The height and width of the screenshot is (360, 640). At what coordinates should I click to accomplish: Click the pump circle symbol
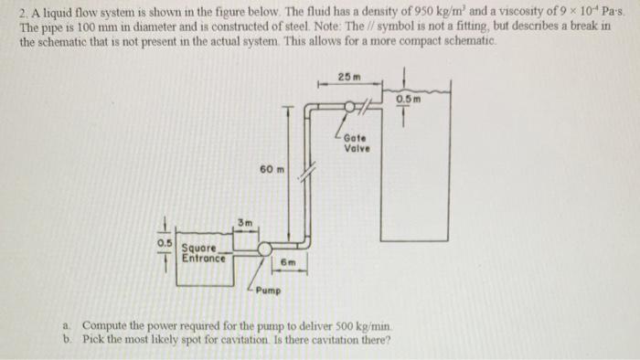[265, 249]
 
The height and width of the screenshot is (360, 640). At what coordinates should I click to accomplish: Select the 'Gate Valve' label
[356, 144]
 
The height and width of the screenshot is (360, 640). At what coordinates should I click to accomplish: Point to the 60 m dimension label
[272, 170]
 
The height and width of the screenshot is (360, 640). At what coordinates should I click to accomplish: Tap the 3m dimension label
[245, 222]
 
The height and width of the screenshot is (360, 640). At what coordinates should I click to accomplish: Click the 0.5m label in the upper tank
[409, 98]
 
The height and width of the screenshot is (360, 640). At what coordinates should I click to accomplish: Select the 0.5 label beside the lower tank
[165, 243]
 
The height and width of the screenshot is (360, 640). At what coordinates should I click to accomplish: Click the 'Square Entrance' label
[200, 252]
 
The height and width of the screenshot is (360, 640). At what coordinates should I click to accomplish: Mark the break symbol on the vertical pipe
[310, 170]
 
